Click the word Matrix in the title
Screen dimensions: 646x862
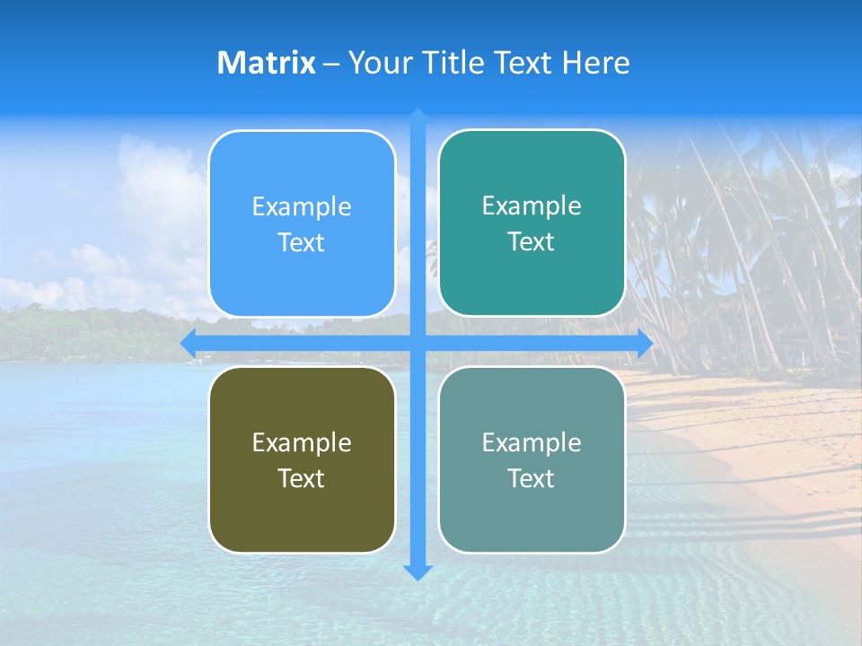tap(266, 63)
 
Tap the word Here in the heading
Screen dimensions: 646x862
tap(596, 63)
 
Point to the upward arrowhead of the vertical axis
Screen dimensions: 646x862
tap(418, 117)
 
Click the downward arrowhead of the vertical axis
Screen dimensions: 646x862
tap(418, 572)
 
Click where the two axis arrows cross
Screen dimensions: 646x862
tap(418, 343)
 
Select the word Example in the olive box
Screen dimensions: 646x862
tap(302, 442)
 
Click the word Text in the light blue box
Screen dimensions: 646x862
tap(302, 243)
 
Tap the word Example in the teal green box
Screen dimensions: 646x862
tap(532, 206)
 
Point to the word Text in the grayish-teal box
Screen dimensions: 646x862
tap(532, 478)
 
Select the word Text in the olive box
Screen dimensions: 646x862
tap(302, 478)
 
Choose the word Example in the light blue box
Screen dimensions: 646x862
tap(302, 207)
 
